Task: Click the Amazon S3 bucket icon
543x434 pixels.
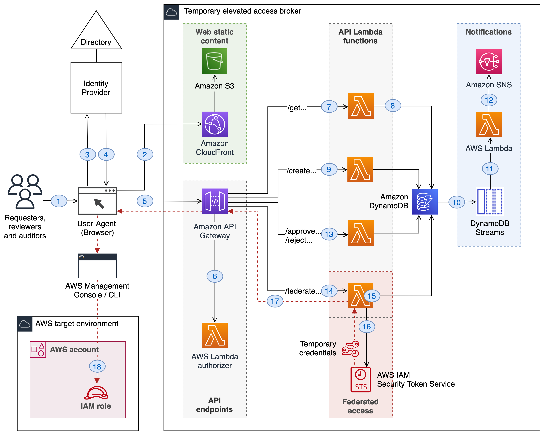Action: pos(214,61)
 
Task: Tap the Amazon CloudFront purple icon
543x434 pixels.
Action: pos(215,124)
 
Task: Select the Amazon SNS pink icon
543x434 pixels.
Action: pos(489,62)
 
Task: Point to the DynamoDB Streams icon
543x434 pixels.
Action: pos(490,202)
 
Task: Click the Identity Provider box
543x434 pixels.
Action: pos(96,88)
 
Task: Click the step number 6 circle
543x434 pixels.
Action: pos(215,276)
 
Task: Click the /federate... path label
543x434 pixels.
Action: pos(303,291)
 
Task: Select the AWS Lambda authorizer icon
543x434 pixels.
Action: pos(215,335)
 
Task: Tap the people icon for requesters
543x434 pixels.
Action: pos(25,192)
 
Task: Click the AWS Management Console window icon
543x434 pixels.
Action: pos(98,266)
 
